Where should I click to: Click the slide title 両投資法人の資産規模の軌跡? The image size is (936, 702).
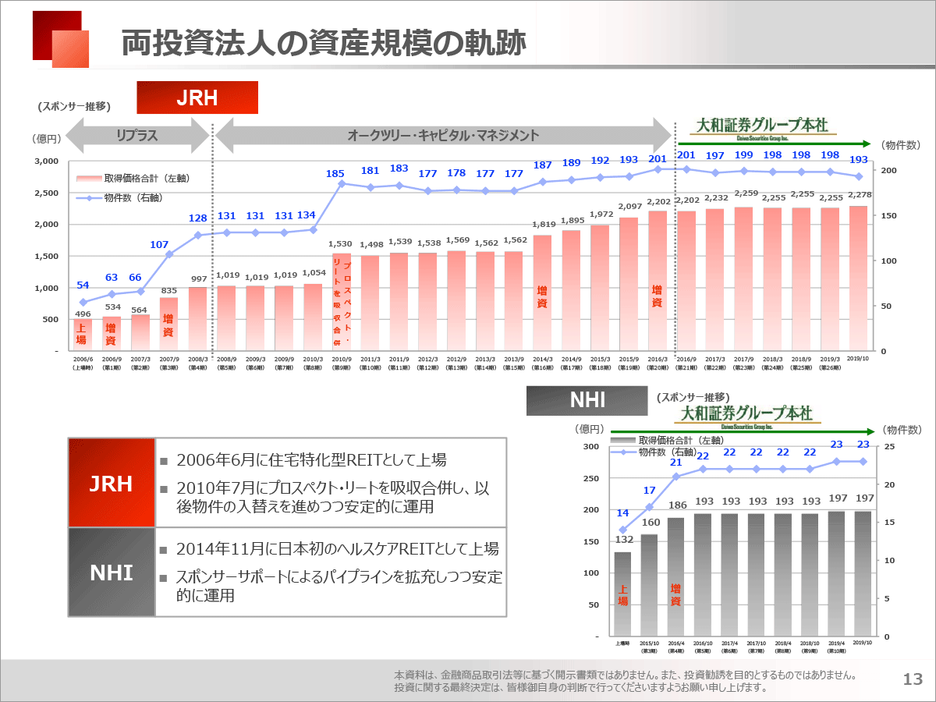[323, 44]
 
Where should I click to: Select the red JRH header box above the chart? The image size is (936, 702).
[197, 97]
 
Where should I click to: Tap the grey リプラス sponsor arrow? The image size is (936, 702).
[137, 136]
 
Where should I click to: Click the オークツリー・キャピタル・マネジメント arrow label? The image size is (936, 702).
[443, 136]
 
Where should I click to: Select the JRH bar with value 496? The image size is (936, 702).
[83, 335]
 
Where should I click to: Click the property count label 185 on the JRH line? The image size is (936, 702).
[335, 173]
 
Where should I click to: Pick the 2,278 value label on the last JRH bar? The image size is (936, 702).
[858, 195]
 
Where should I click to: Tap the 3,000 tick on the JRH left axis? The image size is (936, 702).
[48, 161]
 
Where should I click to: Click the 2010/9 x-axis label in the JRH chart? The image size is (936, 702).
[341, 360]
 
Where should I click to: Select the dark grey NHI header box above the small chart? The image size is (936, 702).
[587, 401]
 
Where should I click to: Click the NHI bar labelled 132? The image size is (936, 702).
[622, 593]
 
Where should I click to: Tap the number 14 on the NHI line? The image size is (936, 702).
[622, 513]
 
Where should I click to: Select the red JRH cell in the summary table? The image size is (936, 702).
[112, 484]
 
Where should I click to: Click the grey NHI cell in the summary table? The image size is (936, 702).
[112, 573]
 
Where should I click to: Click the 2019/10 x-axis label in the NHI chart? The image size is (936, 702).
[862, 642]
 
